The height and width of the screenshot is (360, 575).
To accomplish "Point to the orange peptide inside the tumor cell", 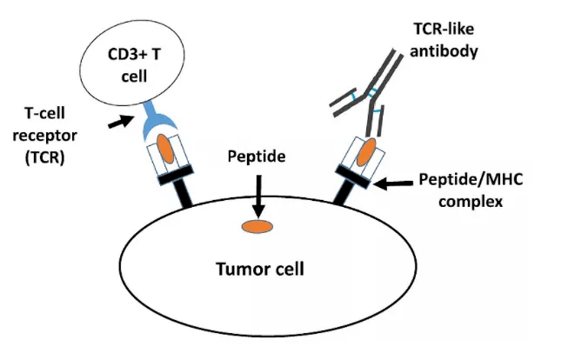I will [x=257, y=228].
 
